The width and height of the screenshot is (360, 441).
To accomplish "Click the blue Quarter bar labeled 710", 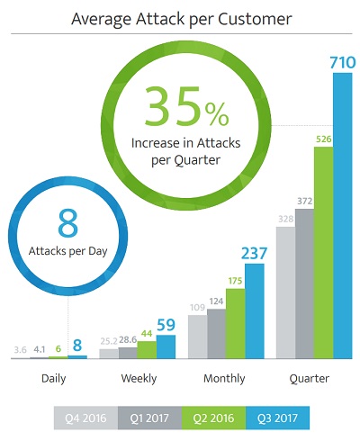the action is click(343, 216).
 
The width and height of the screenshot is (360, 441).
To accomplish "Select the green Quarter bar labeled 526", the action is click(324, 253).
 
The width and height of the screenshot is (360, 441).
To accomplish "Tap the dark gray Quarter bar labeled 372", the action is click(304, 283).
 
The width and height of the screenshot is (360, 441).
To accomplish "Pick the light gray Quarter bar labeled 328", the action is click(285, 292).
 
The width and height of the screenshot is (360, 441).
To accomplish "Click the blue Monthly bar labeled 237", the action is click(255, 311).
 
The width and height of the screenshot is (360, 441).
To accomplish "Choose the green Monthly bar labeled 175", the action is click(236, 323).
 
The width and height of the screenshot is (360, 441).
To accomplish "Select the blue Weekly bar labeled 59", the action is click(166, 346).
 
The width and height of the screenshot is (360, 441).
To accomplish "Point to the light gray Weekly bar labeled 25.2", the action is click(109, 354).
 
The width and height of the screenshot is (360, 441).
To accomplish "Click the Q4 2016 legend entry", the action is click(85, 418).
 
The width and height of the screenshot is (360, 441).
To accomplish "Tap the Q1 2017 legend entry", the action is click(149, 418).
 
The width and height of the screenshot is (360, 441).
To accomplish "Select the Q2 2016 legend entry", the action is click(213, 418).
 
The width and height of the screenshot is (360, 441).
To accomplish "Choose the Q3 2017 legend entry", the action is click(277, 418).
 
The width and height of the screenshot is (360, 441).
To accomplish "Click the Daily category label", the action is click(54, 379).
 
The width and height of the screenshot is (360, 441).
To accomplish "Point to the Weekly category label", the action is click(139, 378).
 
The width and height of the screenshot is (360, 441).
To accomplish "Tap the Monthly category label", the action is click(224, 379).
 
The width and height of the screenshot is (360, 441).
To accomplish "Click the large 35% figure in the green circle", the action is click(186, 106).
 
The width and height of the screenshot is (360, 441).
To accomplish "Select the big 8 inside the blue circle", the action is click(68, 223).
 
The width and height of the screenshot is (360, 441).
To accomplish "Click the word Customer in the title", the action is click(255, 19).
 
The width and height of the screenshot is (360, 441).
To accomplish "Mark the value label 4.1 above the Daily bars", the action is click(40, 349).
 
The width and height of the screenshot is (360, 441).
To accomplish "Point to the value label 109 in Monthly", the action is click(197, 307).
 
